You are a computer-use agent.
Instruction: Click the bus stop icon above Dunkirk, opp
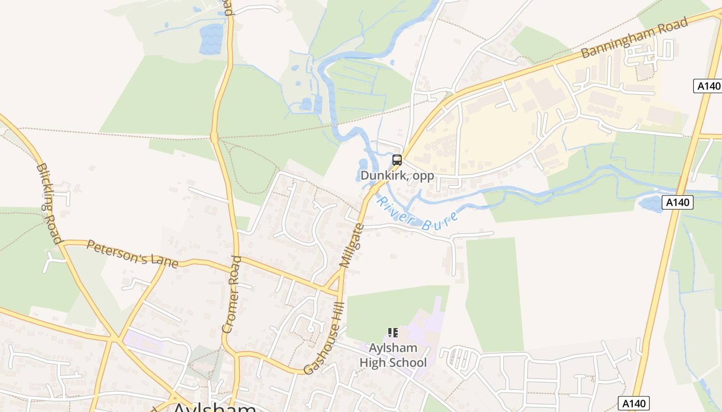tap(397, 160)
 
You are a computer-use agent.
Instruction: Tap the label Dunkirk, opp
tap(397, 176)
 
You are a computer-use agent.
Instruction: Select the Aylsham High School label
tap(393, 355)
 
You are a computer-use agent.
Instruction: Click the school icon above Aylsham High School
tap(393, 333)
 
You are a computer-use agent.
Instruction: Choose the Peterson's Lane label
tap(132, 254)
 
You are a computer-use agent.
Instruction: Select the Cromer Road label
tap(232, 294)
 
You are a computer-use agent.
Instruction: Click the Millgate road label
tap(352, 246)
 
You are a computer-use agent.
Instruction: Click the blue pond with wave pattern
tap(211, 39)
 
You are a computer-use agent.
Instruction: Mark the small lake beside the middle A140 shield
tap(651, 204)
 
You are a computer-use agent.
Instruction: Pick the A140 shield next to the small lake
tap(677, 202)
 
